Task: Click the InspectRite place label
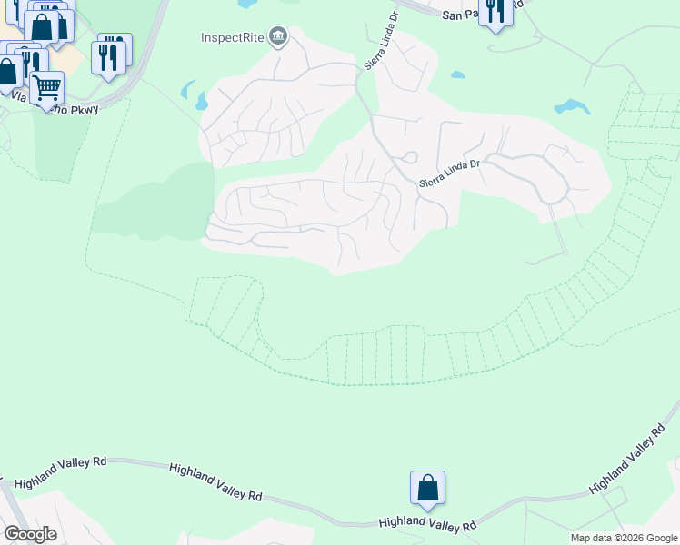click(233, 37)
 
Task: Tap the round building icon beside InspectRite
click(279, 37)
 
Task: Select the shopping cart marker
click(46, 87)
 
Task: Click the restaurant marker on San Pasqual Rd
click(495, 12)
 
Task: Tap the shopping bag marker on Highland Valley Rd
click(427, 488)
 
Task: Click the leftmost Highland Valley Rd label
click(61, 473)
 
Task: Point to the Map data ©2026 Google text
click(624, 538)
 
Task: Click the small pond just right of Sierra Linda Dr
click(457, 75)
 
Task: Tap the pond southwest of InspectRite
click(193, 94)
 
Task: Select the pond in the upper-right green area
click(572, 106)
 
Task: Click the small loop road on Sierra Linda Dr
click(410, 156)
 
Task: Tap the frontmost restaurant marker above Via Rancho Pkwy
click(109, 58)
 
